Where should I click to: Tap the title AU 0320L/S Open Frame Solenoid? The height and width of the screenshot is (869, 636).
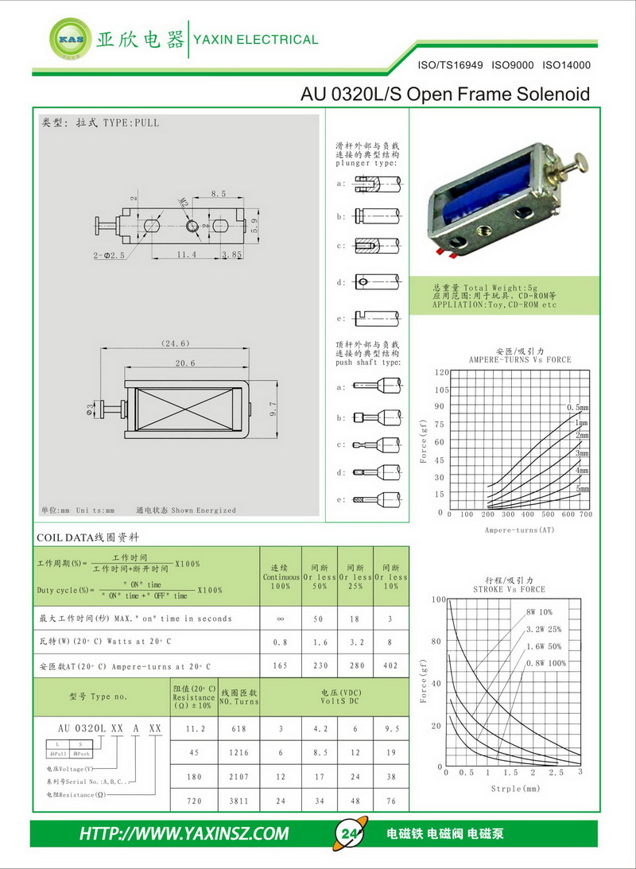coord(445,95)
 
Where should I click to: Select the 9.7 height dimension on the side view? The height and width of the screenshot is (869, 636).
coord(273,409)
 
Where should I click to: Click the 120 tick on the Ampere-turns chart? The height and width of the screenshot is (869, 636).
coord(442,372)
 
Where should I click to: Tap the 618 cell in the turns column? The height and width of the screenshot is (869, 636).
coord(239,728)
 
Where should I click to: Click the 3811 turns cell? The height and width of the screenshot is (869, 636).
coord(239,801)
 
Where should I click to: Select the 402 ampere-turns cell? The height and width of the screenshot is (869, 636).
coord(390,665)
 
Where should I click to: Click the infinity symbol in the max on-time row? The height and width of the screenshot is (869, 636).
coord(280,618)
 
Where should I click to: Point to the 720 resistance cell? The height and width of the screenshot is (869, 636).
coord(194,801)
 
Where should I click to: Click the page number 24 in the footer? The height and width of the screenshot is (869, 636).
coord(349,834)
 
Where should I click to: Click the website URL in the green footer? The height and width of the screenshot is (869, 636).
coord(184,834)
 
